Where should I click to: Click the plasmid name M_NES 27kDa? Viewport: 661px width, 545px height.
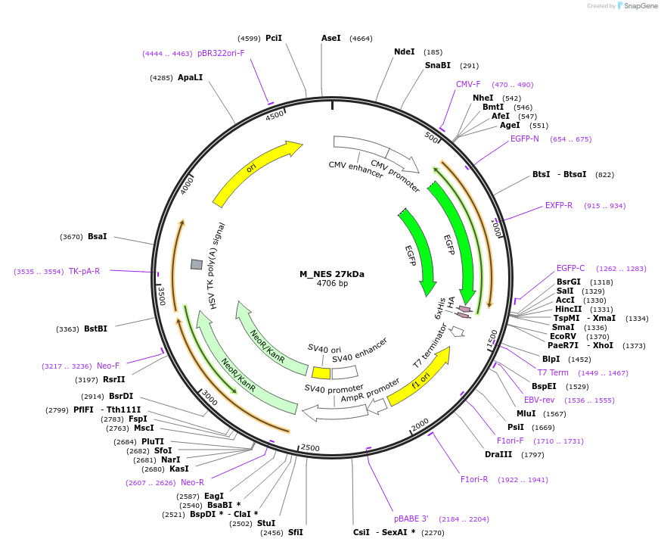[x=331, y=274]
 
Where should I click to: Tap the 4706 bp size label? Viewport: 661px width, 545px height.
[x=332, y=284]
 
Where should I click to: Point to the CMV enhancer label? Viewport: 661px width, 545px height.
[x=355, y=169]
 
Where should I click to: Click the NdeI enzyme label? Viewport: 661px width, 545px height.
[x=405, y=52]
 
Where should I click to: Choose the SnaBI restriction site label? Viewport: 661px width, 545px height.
[x=437, y=66]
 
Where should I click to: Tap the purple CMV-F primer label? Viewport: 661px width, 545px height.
[x=468, y=85]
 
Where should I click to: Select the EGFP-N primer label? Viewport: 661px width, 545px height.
[x=524, y=139]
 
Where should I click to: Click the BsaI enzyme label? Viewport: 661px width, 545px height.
[x=97, y=237]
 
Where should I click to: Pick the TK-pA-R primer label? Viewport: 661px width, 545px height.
[x=84, y=271]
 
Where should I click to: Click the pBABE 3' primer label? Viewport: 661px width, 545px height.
[x=411, y=519]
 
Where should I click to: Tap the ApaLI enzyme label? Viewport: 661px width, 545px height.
[x=190, y=78]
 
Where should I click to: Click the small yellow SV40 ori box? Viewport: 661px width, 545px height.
[x=321, y=373]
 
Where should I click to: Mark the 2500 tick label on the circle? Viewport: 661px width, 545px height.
[x=310, y=447]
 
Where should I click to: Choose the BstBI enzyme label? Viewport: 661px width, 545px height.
[x=95, y=329]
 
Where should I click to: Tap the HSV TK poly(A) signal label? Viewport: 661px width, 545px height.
[x=213, y=266]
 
